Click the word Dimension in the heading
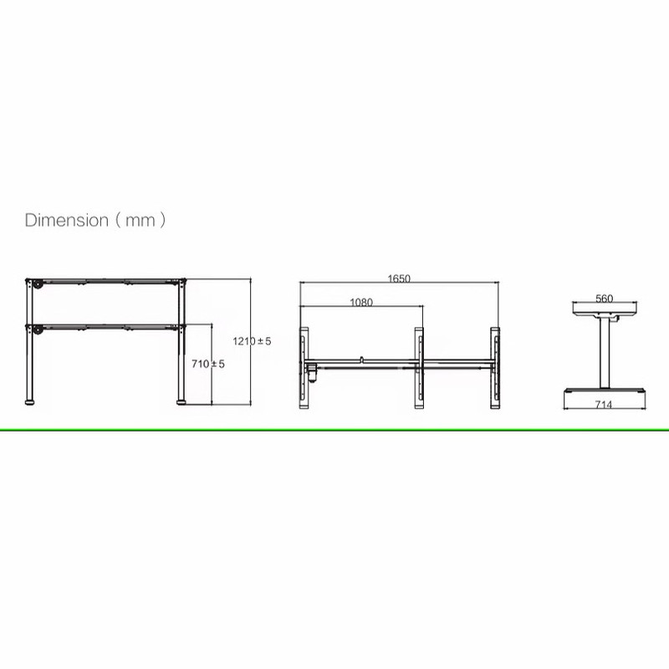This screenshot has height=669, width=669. [x=67, y=220]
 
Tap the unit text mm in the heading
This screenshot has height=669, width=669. [x=140, y=221]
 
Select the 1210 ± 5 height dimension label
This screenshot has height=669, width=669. [x=252, y=341]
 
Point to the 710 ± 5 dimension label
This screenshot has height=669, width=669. [x=207, y=364]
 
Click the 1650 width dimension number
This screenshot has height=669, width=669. [x=399, y=278]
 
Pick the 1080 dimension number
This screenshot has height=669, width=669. [x=361, y=303]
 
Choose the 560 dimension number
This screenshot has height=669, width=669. [x=604, y=299]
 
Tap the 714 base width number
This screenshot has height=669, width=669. [x=604, y=404]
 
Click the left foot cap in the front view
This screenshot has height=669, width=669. [x=29, y=402]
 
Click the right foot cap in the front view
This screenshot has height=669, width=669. [x=181, y=402]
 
